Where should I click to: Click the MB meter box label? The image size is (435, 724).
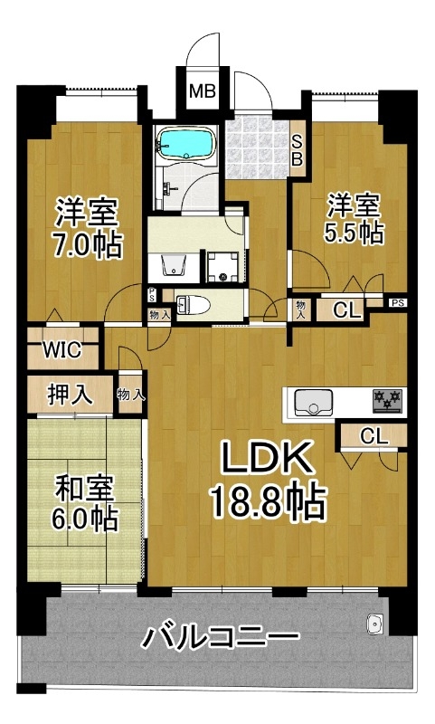(203, 91)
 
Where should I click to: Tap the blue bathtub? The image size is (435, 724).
(186, 142)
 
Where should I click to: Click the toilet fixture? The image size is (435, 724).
(194, 304)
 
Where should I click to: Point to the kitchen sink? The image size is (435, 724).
(314, 402)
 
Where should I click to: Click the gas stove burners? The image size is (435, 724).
(387, 400)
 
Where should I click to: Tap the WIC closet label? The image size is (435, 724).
(61, 349)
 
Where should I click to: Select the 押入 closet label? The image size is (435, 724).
(71, 395)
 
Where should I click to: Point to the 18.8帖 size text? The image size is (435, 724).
(269, 502)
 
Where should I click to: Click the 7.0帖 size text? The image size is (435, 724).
(87, 243)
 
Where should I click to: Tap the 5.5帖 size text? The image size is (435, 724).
(354, 233)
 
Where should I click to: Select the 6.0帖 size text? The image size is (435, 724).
(84, 518)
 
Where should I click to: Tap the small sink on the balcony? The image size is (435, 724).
(374, 624)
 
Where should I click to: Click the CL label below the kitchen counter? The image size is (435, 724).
(374, 435)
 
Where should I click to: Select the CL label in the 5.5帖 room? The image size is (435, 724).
(347, 310)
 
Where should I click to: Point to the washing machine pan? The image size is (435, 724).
(223, 266)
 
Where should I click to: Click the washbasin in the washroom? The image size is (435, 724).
(174, 264)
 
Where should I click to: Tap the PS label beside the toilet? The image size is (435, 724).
(152, 294)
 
